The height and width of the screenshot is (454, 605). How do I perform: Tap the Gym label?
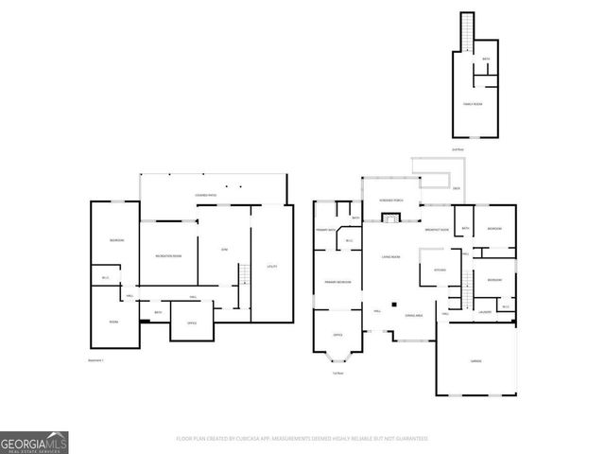pyautogui.click(x=224, y=249)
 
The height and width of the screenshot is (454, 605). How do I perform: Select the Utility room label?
pyautogui.click(x=271, y=266)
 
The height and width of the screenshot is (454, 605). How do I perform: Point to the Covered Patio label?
pyautogui.click(x=206, y=196)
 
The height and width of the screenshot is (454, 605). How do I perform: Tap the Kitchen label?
pyautogui.click(x=439, y=270)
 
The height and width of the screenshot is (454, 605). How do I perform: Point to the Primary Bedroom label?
pyautogui.click(x=337, y=282)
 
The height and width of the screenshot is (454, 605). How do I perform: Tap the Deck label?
pyautogui.click(x=457, y=188)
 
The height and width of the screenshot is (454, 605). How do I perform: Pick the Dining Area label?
pyautogui.click(x=413, y=315)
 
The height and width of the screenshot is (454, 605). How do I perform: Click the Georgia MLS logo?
pyautogui.click(x=34, y=442)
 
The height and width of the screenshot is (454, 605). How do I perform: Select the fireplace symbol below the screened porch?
pyautogui.click(x=387, y=218)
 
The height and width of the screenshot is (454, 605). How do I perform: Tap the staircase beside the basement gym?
pyautogui.click(x=242, y=275)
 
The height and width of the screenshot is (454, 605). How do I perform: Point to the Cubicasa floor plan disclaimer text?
pyautogui.click(x=302, y=439)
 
